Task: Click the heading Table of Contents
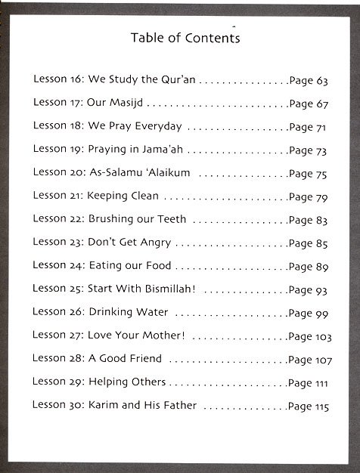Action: [185, 38]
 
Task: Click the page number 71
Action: [321, 127]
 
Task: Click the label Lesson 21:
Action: [57, 196]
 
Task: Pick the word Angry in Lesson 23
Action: [154, 243]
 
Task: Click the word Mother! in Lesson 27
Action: [163, 335]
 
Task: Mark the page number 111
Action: [322, 383]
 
